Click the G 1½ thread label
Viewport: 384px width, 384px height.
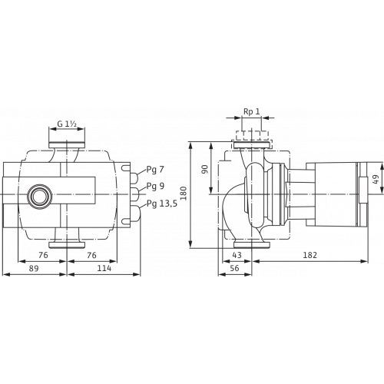point(67,124)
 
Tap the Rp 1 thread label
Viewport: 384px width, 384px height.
point(252,111)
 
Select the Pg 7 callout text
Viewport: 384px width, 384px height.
point(155,170)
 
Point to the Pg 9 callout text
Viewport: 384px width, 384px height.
point(155,186)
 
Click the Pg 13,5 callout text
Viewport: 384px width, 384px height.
point(162,204)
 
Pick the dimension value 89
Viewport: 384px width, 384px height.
point(34,268)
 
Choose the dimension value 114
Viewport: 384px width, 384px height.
point(104,268)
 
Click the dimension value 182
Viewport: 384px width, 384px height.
point(310,255)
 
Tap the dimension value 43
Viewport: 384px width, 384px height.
point(237,255)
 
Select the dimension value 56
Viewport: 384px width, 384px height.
point(234,268)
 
